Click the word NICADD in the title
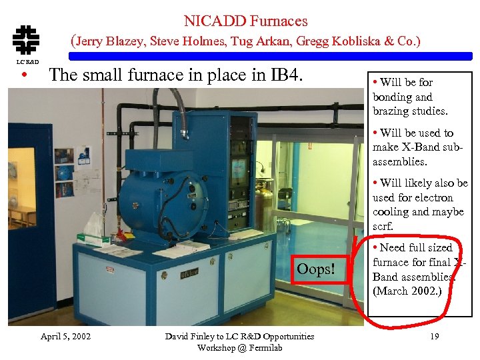(x=209, y=21)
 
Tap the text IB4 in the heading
(x=287, y=75)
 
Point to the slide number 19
(x=434, y=337)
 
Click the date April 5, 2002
(x=65, y=337)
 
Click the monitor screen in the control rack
(x=238, y=170)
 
